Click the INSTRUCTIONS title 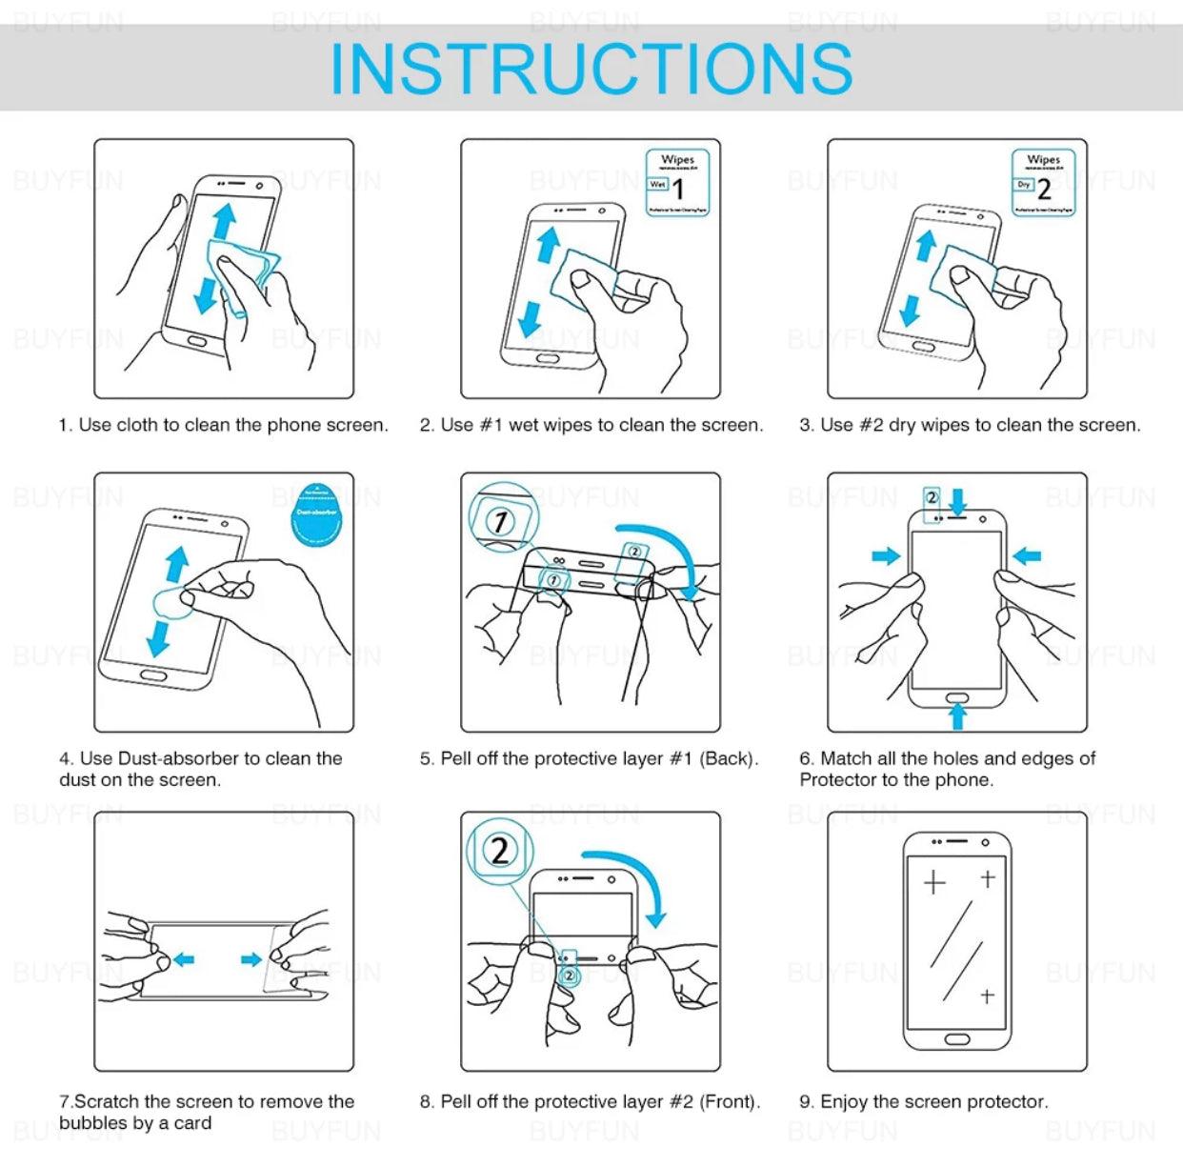coord(591,69)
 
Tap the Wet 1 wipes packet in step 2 coord(677,183)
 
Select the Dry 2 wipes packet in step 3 coord(1043,183)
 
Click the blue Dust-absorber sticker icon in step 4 coord(316,514)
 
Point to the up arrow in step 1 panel coord(224,221)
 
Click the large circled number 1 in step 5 coord(500,520)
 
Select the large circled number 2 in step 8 coord(499,850)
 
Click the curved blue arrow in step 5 coord(667,553)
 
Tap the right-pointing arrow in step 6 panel coord(886,555)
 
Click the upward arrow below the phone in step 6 coord(958,714)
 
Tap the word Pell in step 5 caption coord(456,758)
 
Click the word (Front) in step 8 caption coord(730,1101)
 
